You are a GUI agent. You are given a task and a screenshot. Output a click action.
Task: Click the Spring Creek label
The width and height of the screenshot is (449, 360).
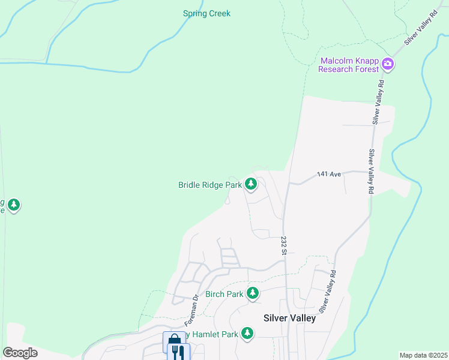[207, 13]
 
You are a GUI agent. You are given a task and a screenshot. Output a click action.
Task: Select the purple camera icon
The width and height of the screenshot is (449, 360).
[388, 64]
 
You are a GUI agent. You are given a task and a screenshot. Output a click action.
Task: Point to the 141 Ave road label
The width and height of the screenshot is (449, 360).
[329, 174]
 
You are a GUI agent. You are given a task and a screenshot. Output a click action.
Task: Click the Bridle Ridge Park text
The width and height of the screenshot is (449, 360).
[209, 185]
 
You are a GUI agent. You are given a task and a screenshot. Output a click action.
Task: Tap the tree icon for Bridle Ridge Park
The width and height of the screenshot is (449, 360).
[251, 184]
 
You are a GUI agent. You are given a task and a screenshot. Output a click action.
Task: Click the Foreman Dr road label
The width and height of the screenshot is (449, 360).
[196, 306]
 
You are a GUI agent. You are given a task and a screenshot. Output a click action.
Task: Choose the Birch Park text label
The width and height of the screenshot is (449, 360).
[224, 294]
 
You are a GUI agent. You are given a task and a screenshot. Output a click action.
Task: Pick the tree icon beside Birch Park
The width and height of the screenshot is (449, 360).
[253, 293]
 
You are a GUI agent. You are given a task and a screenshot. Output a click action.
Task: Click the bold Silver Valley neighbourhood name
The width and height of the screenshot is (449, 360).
[289, 318]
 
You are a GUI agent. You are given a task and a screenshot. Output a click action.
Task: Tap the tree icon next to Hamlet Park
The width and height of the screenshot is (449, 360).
[247, 332]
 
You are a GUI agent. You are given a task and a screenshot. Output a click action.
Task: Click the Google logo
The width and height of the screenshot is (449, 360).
[20, 353]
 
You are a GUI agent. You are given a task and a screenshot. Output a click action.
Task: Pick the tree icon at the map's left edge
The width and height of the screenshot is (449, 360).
[13, 205]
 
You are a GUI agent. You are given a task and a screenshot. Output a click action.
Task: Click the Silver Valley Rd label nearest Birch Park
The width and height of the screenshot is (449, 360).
[328, 292]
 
